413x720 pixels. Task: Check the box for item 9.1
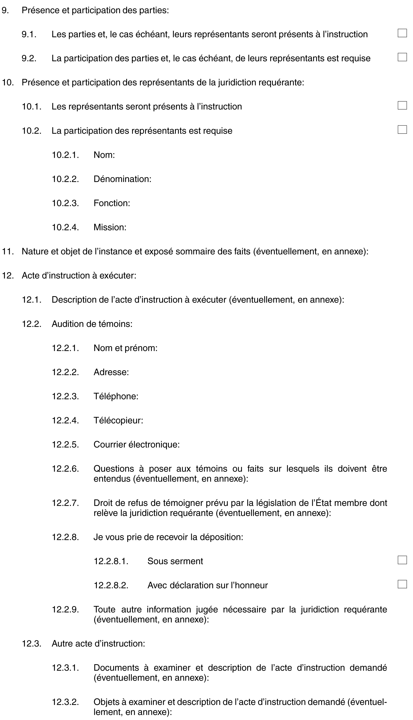402,33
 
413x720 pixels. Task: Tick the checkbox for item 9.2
402,57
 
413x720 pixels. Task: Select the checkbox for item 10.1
402,105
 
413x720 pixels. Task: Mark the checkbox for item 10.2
402,130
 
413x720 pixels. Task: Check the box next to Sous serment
402,560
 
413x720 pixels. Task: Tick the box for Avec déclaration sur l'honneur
402,584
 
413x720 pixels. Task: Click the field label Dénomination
122,179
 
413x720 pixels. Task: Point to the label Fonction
112,203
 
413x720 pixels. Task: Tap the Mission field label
110,227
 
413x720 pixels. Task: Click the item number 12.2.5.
65,444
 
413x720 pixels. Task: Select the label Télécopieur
118,420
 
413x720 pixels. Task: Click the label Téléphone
116,396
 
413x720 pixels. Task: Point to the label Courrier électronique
137,444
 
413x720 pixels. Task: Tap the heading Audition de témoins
92,324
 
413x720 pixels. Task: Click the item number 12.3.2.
65,702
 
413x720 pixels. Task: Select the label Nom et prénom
125,348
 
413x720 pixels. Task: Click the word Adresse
111,372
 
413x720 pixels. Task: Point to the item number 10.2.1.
65,155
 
